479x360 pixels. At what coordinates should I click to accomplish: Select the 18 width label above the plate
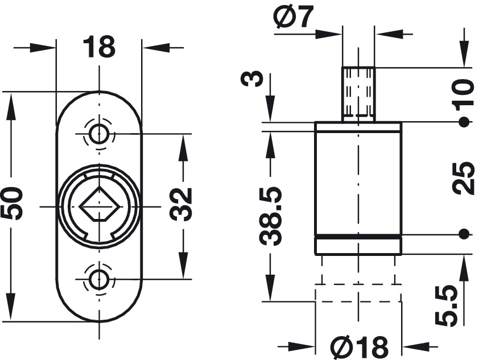point(99,47)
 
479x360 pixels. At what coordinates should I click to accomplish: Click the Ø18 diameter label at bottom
point(359,347)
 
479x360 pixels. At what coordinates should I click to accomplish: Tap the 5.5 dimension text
point(447,305)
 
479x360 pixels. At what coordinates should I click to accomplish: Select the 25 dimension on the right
point(464,177)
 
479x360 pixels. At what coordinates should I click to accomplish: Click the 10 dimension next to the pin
point(464,96)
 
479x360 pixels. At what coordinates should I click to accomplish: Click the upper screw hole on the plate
point(99,134)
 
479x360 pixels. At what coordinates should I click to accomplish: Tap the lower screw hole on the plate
point(99,279)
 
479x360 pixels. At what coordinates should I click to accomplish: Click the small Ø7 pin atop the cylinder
point(358,94)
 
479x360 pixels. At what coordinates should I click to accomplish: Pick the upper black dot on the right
point(464,122)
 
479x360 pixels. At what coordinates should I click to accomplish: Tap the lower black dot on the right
point(464,234)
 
